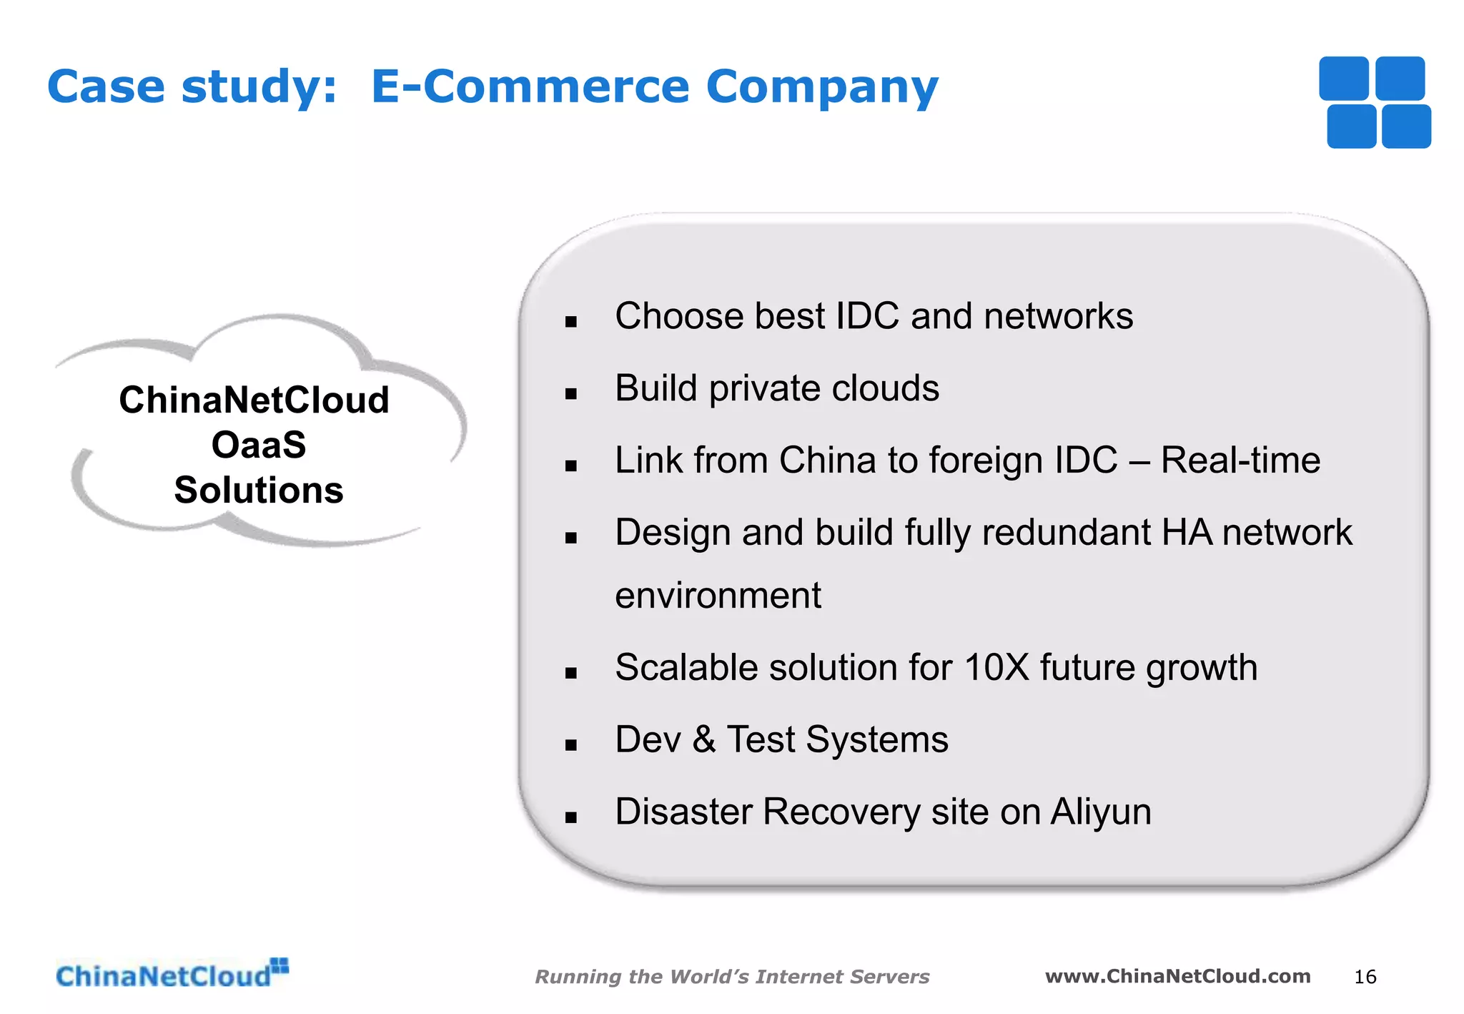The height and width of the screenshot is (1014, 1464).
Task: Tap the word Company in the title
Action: (822, 88)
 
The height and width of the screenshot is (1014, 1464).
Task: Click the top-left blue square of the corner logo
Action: (1343, 78)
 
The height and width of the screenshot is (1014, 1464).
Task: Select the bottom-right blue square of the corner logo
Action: (1406, 127)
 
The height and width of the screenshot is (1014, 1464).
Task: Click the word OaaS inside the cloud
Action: (259, 445)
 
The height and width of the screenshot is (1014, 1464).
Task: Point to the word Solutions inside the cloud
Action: (259, 491)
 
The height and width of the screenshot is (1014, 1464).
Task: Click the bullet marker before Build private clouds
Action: (570, 393)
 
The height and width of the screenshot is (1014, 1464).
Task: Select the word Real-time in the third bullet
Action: (1240, 460)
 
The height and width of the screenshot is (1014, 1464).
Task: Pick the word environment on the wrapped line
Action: (718, 595)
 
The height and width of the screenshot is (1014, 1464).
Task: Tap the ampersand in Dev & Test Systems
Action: (703, 739)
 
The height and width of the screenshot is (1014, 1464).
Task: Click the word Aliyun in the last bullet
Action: (1101, 812)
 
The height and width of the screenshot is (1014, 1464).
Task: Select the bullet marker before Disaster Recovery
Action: (570, 818)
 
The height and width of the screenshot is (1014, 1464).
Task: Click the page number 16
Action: (1365, 977)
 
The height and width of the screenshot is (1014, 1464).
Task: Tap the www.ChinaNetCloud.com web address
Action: (1177, 976)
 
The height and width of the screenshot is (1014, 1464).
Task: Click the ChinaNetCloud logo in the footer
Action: (172, 975)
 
